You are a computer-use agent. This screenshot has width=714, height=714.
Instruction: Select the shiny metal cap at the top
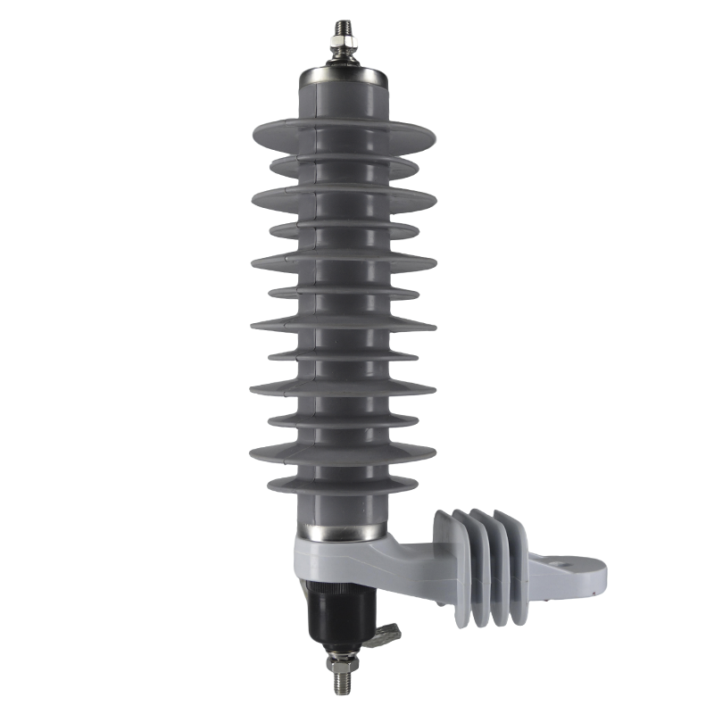(x=345, y=77)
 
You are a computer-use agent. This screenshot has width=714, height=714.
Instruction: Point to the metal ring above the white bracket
(x=345, y=534)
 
